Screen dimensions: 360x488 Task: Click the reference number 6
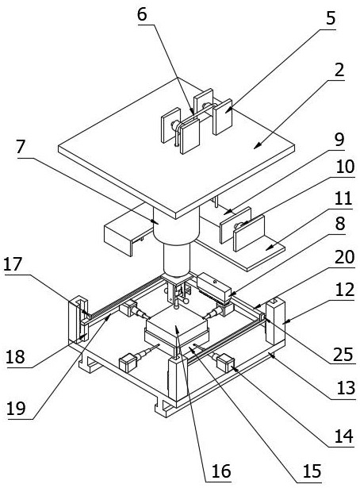click(142, 14)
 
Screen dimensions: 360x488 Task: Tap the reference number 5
click(331, 18)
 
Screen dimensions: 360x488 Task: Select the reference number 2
click(339, 70)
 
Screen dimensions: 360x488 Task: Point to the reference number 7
click(21, 147)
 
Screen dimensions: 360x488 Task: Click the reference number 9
click(339, 140)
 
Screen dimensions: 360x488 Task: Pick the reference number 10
click(345, 167)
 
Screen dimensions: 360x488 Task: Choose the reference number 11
click(343, 198)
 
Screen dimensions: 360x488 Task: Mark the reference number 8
click(340, 223)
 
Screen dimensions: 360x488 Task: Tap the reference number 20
click(345, 257)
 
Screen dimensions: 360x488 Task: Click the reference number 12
click(345, 290)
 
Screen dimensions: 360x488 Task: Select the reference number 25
click(343, 355)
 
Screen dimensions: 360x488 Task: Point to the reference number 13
click(346, 388)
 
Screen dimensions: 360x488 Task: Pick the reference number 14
click(344, 436)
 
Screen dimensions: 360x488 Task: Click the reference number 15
click(312, 471)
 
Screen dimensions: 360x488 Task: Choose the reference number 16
click(221, 471)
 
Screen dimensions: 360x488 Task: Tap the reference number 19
click(16, 409)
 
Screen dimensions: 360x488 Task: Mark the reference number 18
click(15, 357)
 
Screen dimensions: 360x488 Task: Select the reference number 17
click(13, 264)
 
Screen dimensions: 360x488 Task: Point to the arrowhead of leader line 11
click(268, 248)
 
